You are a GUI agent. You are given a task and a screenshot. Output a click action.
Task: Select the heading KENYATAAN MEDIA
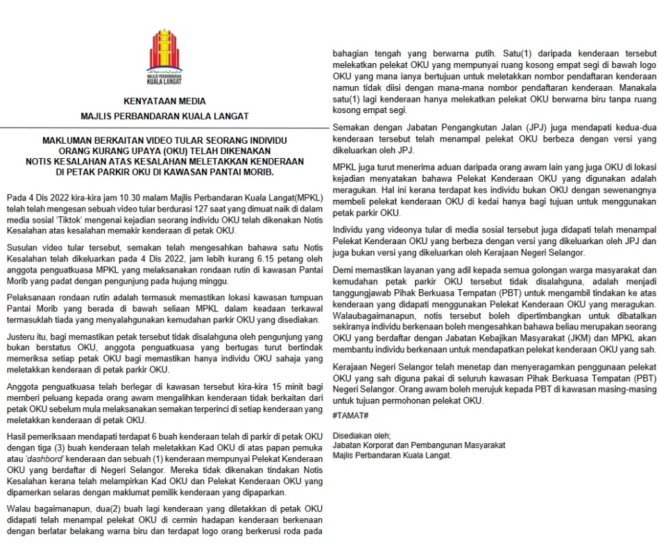[x=164, y=101]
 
